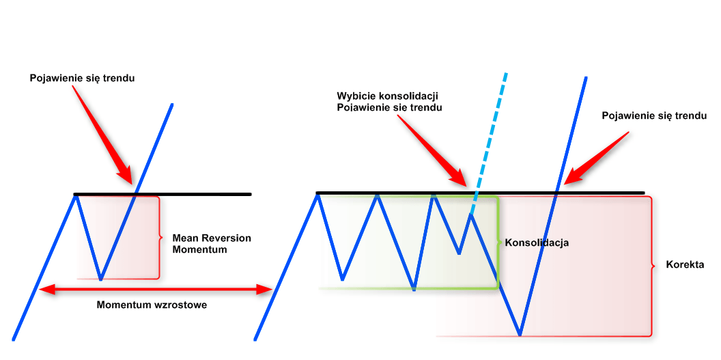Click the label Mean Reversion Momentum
(x=211, y=244)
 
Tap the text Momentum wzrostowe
(x=152, y=305)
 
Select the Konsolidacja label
(x=536, y=243)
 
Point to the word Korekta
(x=685, y=264)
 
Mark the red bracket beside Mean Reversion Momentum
(x=160, y=238)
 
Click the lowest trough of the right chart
(x=520, y=335)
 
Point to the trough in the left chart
(x=100, y=279)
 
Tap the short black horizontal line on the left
(x=162, y=195)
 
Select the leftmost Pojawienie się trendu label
(x=82, y=78)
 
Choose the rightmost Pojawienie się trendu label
(x=653, y=115)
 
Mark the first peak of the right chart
(x=317, y=195)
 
